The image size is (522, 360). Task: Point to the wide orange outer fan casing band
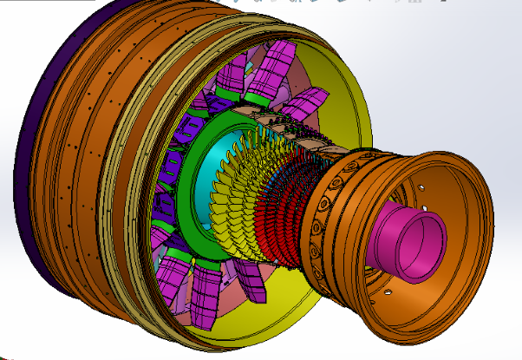(87, 147)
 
